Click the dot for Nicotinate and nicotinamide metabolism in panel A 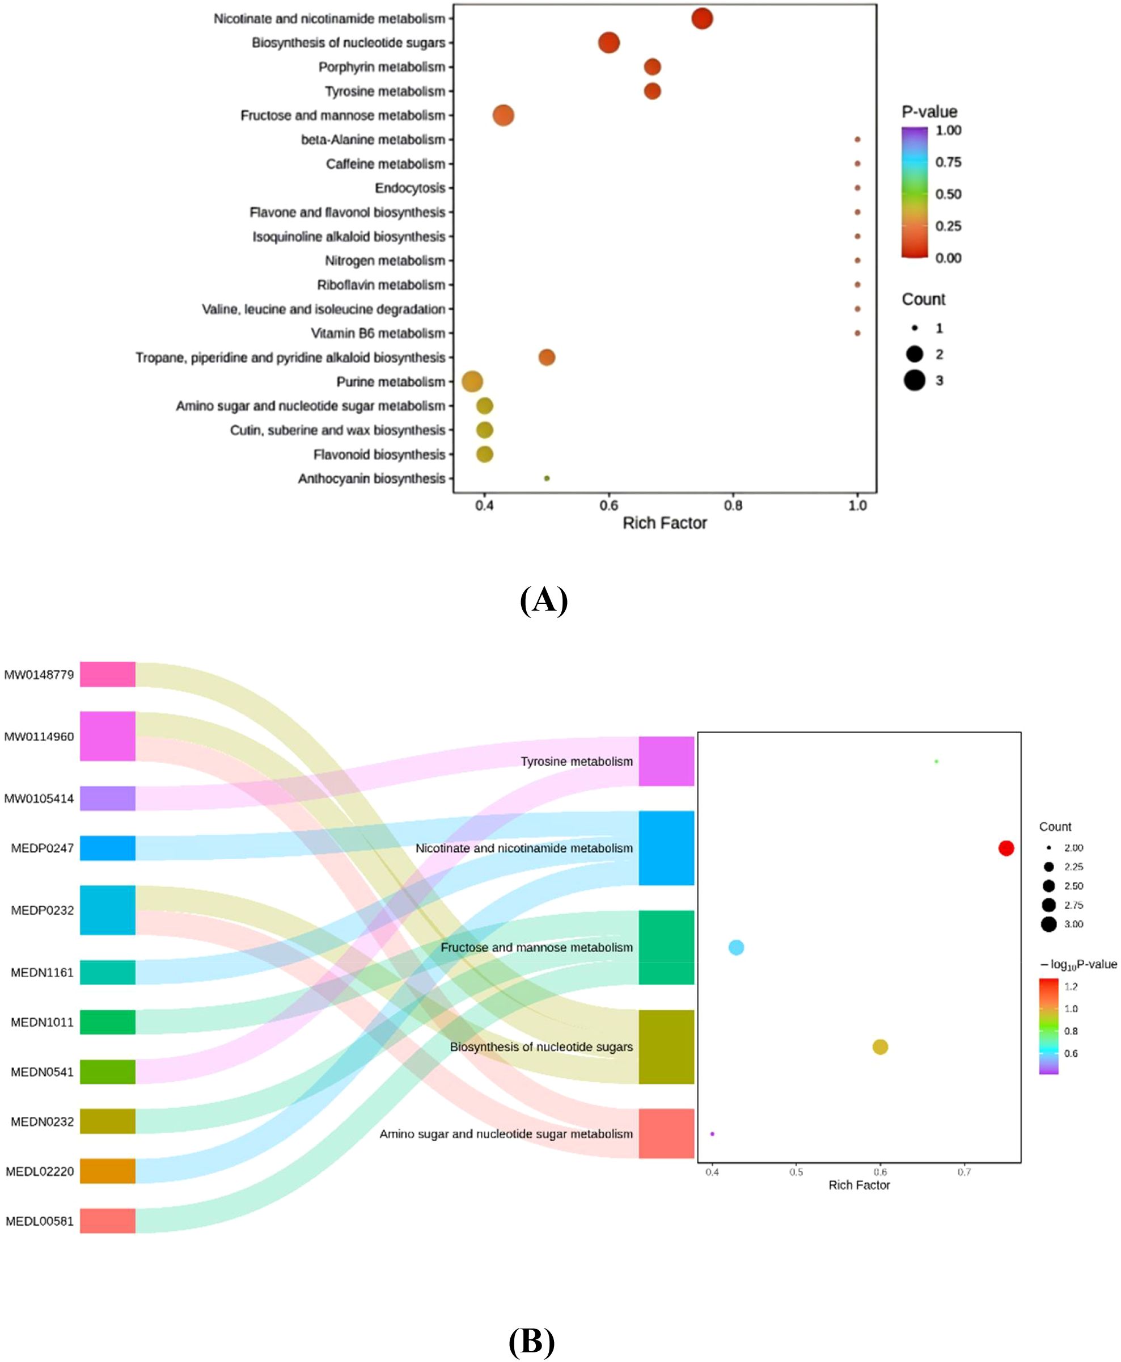click(x=702, y=19)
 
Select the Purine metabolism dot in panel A click(x=472, y=382)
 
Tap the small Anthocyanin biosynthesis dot click(x=547, y=479)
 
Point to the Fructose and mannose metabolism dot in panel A click(x=503, y=116)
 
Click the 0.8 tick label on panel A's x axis click(x=733, y=506)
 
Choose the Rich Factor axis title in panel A click(x=665, y=523)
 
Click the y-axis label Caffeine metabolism click(x=386, y=164)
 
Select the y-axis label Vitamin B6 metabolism click(x=378, y=333)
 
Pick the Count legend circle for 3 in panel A click(x=915, y=381)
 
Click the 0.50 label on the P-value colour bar click(x=948, y=194)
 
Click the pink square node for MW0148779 click(x=108, y=674)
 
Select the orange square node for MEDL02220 click(x=108, y=1171)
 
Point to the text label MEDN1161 click(x=42, y=972)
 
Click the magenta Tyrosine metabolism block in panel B click(x=666, y=761)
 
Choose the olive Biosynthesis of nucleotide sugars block click(x=666, y=1046)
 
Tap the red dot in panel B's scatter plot click(x=1006, y=848)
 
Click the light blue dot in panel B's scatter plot click(x=736, y=947)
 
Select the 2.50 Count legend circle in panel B click(x=1048, y=886)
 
